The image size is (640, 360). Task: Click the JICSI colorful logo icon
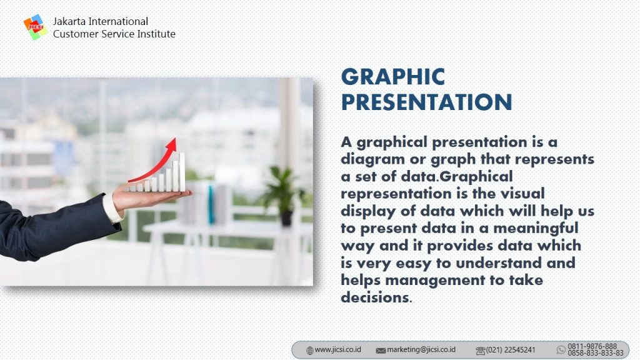click(35, 27)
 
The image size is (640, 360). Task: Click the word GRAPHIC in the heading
click(393, 77)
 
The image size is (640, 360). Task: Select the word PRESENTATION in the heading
click(426, 102)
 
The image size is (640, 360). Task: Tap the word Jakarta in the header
click(69, 21)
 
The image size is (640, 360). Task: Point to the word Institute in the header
click(156, 34)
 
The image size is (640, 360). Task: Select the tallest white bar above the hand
click(182, 172)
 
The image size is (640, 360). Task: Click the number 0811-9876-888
click(592, 346)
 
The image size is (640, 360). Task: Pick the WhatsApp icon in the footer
click(561, 349)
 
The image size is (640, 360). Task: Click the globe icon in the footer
click(310, 350)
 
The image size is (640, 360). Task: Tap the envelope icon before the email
click(381, 351)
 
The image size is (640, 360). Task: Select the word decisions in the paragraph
click(375, 297)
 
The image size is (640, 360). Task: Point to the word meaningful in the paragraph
click(536, 229)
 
